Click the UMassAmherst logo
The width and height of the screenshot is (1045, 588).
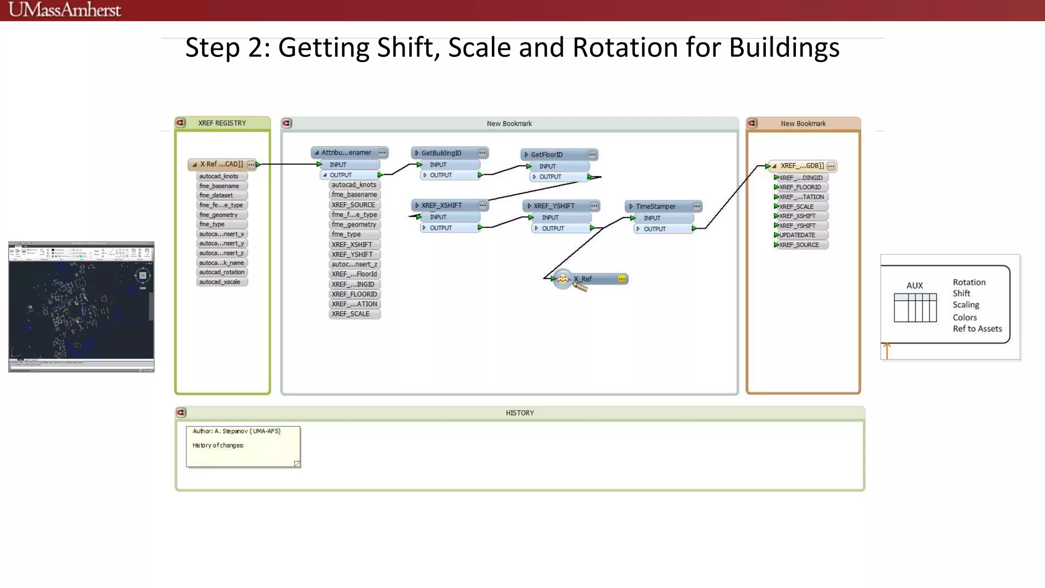point(65,10)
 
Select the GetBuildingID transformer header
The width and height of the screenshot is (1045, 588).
point(441,153)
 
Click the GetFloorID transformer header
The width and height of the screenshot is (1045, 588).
point(546,154)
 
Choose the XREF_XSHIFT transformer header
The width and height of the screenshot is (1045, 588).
point(441,205)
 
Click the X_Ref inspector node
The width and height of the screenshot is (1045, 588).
point(582,279)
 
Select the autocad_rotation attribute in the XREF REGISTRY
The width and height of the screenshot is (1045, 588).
point(221,272)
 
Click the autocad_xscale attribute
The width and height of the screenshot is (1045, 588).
point(219,282)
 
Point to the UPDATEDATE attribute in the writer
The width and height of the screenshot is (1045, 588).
point(797,235)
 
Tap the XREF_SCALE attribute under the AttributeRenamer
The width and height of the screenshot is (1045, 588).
point(351,314)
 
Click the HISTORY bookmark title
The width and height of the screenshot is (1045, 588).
point(519,412)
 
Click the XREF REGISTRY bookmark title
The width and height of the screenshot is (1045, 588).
point(222,123)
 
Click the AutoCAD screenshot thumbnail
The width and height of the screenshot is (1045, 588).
point(81,307)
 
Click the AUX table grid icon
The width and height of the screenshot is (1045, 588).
point(915,307)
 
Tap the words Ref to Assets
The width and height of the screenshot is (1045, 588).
point(977,329)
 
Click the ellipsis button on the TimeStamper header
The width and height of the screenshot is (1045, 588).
point(696,206)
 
